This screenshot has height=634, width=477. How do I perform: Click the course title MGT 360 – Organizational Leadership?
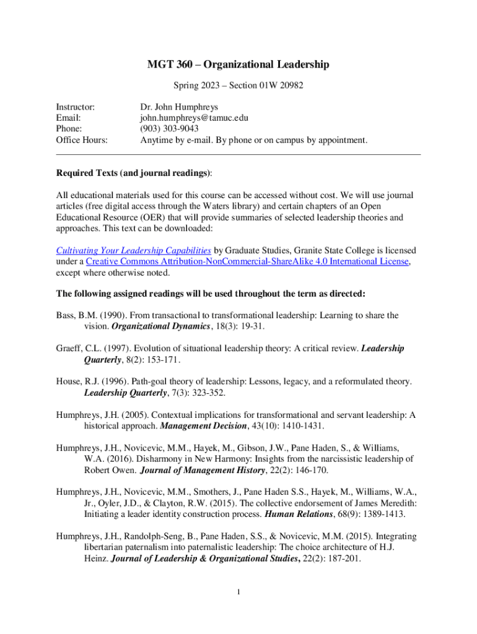238,64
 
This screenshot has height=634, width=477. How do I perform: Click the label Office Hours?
82,140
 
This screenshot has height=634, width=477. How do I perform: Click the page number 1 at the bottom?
238,593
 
